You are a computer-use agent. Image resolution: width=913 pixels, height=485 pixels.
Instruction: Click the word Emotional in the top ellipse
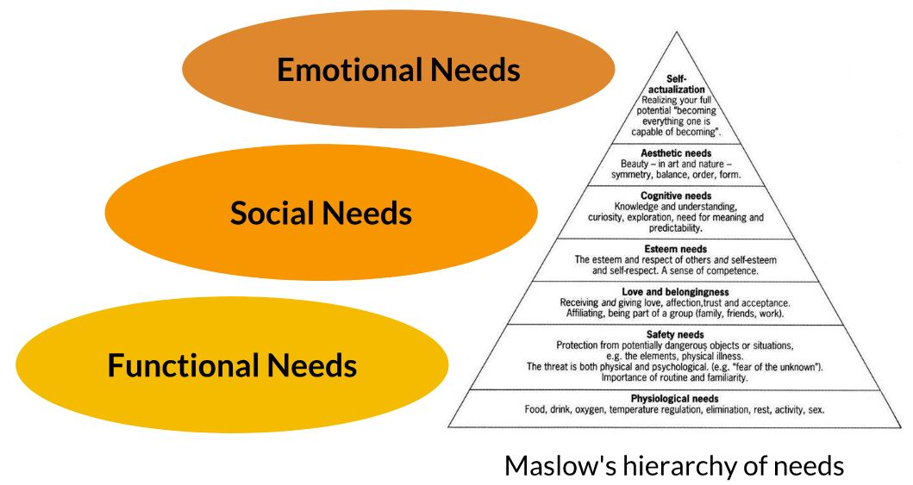(x=347, y=70)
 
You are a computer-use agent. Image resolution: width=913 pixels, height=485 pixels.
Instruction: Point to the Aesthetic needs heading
(x=675, y=153)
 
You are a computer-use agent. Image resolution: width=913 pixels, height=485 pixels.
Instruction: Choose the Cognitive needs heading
(x=675, y=196)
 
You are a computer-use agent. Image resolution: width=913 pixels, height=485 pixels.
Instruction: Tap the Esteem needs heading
(x=675, y=249)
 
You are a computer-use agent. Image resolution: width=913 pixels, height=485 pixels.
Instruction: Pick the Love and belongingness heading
(x=675, y=292)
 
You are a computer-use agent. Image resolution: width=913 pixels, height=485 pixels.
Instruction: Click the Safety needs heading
(x=675, y=334)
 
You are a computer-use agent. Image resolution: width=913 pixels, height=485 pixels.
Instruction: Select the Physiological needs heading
(x=675, y=399)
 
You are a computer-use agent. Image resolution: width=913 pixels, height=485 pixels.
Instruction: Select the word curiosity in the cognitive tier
(x=609, y=217)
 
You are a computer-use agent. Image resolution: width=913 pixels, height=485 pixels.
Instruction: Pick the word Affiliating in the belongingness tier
(x=589, y=314)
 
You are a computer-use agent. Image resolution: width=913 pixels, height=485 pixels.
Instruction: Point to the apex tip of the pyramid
(x=676, y=32)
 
